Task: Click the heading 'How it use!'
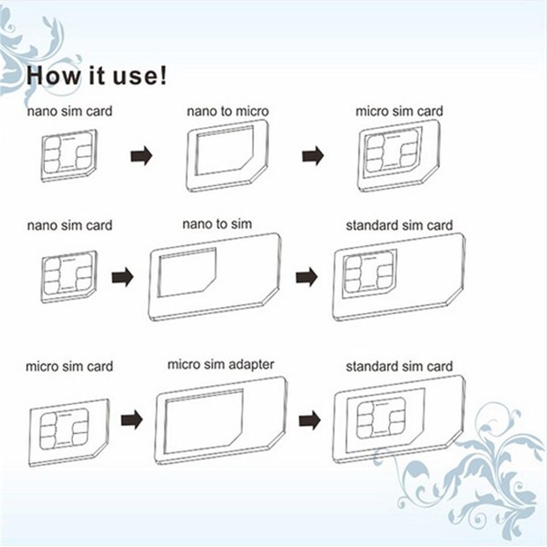pyautogui.click(x=96, y=76)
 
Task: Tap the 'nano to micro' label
pyautogui.click(x=227, y=112)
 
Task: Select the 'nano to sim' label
pyautogui.click(x=217, y=223)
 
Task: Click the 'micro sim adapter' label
pyautogui.click(x=220, y=364)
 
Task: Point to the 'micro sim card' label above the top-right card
pyautogui.click(x=399, y=111)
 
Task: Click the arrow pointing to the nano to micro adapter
pyautogui.click(x=141, y=156)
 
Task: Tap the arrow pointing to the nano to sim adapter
pyautogui.click(x=122, y=278)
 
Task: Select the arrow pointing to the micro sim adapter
pyautogui.click(x=131, y=419)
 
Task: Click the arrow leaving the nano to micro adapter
pyautogui.click(x=312, y=156)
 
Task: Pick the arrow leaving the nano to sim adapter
pyautogui.click(x=307, y=277)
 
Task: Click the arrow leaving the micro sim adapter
pyautogui.click(x=309, y=419)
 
